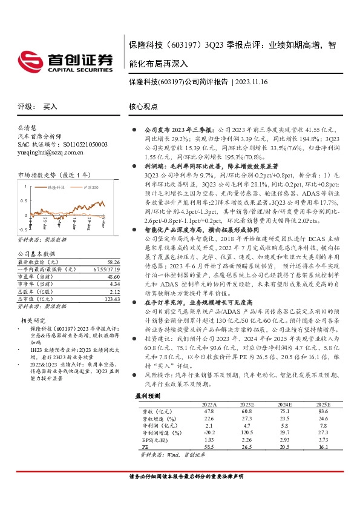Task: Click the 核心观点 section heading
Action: point(143,106)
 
